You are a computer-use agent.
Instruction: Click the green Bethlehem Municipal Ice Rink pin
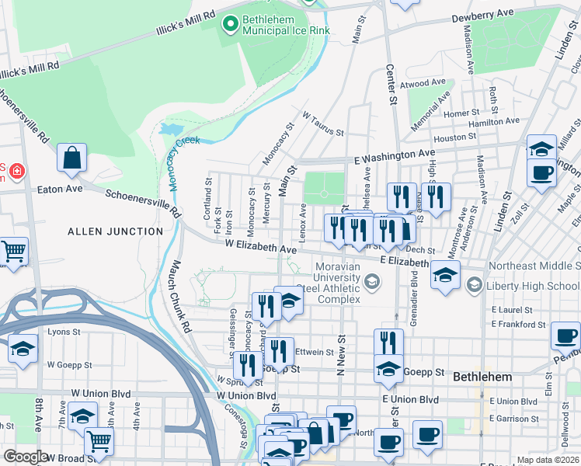point(230,25)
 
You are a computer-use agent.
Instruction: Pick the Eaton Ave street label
point(60,188)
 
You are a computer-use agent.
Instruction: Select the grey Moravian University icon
point(373,282)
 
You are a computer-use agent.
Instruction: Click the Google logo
point(26,456)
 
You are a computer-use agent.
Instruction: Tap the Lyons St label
point(64,332)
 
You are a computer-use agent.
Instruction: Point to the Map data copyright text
point(548,460)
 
